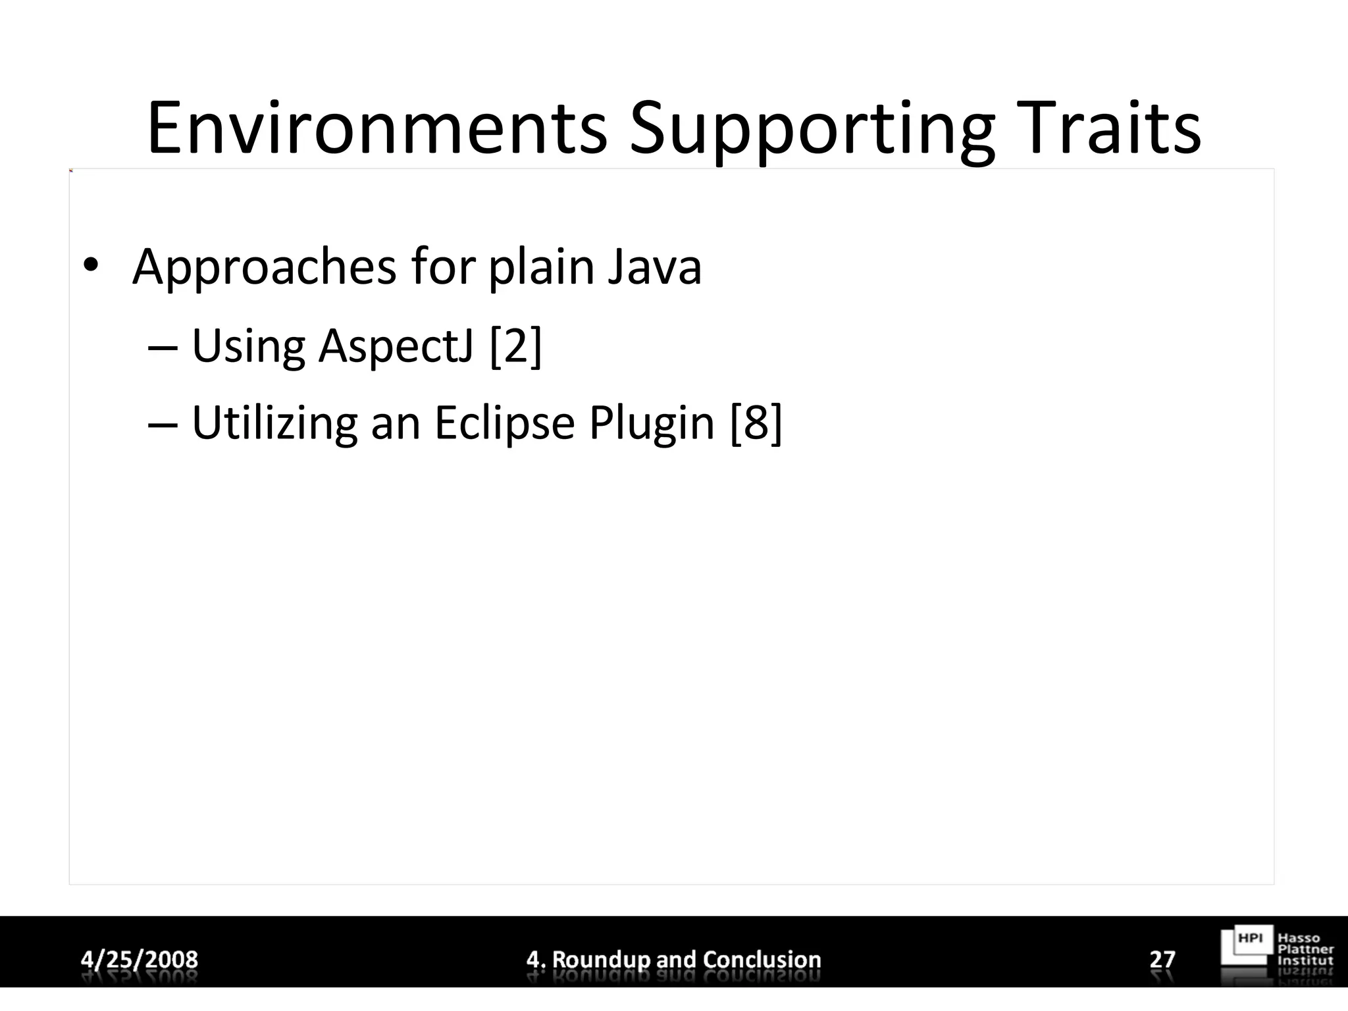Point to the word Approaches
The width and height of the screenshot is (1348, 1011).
(x=265, y=268)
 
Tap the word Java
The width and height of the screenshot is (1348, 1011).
(x=654, y=268)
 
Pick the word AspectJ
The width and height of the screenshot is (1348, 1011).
(x=396, y=346)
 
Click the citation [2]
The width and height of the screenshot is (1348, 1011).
(x=516, y=346)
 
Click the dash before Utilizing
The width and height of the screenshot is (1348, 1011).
(x=163, y=423)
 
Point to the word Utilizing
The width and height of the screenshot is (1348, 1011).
(x=274, y=423)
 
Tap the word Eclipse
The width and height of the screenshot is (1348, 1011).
(x=504, y=423)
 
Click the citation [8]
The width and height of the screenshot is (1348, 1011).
(x=756, y=423)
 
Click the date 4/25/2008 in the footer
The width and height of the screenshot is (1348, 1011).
(x=140, y=959)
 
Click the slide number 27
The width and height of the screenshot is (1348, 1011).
(x=1162, y=959)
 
